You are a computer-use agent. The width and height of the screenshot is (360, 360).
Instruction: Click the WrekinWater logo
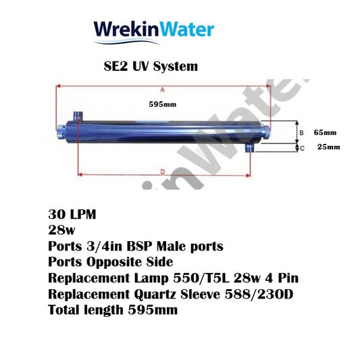[x=154, y=29]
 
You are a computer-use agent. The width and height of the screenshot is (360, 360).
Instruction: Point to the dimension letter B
[x=301, y=132]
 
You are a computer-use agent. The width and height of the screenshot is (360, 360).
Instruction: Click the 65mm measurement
[x=325, y=132]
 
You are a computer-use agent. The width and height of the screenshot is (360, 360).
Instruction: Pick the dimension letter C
[x=301, y=147]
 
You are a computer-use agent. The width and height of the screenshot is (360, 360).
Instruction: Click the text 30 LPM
[x=72, y=215]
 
